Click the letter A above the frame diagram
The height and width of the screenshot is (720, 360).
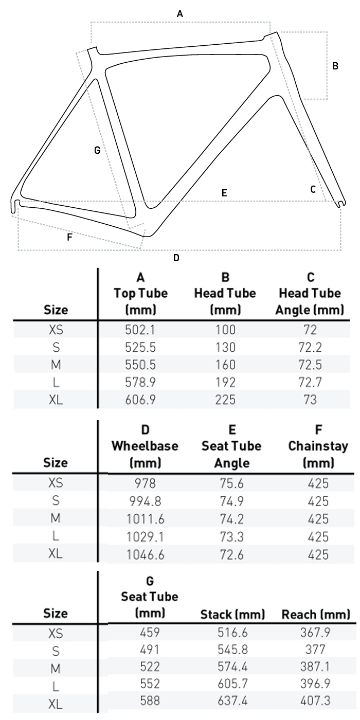[x=179, y=14]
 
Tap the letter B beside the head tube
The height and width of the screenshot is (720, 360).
[x=335, y=66]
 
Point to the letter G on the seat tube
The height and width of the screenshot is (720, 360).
[x=97, y=151]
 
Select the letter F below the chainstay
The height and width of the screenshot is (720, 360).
[x=69, y=237]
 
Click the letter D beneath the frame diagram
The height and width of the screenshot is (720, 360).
[x=176, y=258]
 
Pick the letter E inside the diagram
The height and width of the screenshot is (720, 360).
[x=224, y=193]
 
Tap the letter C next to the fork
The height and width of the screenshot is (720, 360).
[x=313, y=189]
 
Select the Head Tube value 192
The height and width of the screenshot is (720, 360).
[x=225, y=382]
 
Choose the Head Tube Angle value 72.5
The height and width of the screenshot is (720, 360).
[x=310, y=365]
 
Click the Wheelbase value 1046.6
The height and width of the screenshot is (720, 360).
[x=145, y=554]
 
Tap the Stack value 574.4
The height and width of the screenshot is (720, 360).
[x=231, y=666]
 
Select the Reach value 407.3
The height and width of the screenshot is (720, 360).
[x=315, y=701]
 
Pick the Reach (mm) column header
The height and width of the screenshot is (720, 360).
[x=316, y=614]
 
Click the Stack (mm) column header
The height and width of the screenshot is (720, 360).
[x=232, y=614]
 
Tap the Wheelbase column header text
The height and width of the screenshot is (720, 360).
[x=145, y=446]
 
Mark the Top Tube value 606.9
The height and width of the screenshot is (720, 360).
[x=140, y=400]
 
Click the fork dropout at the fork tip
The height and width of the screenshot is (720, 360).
[x=339, y=204]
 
